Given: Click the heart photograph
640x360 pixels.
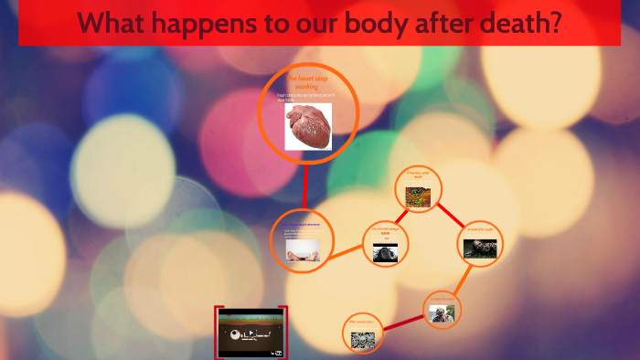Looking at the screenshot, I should pos(308,126).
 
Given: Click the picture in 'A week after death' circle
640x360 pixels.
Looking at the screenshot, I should pos(480,248).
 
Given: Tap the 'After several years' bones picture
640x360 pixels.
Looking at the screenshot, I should pos(364,340).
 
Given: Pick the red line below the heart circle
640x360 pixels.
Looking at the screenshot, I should pos(304,187).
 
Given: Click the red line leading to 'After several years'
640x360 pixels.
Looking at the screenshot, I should pos(402,321).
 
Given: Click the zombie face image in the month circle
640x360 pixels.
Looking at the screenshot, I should pos(442,313).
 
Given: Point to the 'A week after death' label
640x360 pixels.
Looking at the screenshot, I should pos(480,228).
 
